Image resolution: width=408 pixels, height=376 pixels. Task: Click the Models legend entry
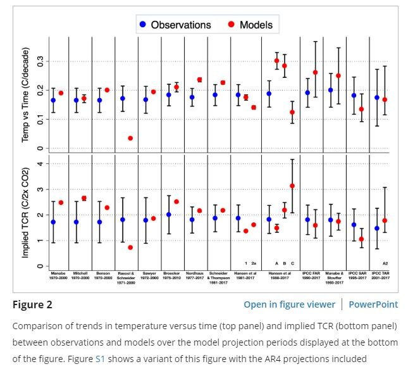pos(250,25)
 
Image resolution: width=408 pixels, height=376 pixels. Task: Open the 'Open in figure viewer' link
pos(288,304)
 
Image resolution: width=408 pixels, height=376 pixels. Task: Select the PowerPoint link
pos(373,304)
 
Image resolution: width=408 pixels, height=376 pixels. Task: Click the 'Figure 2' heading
pos(32,304)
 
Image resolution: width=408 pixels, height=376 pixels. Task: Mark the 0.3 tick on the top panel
pos(40,61)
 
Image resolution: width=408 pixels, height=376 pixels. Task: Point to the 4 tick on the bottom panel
pos(40,164)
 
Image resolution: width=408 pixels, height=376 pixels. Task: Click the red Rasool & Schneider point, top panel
pos(130,138)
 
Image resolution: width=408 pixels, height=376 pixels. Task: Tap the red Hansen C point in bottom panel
pos(292,186)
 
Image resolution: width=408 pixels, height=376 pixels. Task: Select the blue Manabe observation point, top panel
pos(53,100)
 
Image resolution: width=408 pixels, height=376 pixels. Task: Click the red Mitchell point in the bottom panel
pos(84,198)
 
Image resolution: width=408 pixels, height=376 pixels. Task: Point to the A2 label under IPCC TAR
pos(385,263)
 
